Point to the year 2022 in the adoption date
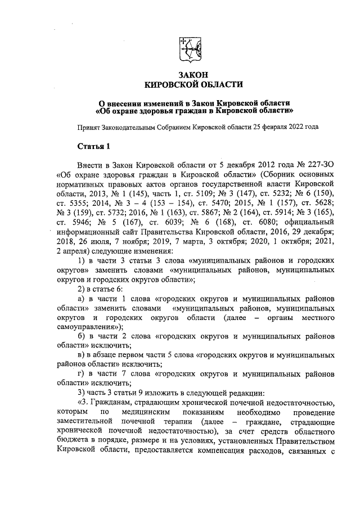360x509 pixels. tap(290, 127)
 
